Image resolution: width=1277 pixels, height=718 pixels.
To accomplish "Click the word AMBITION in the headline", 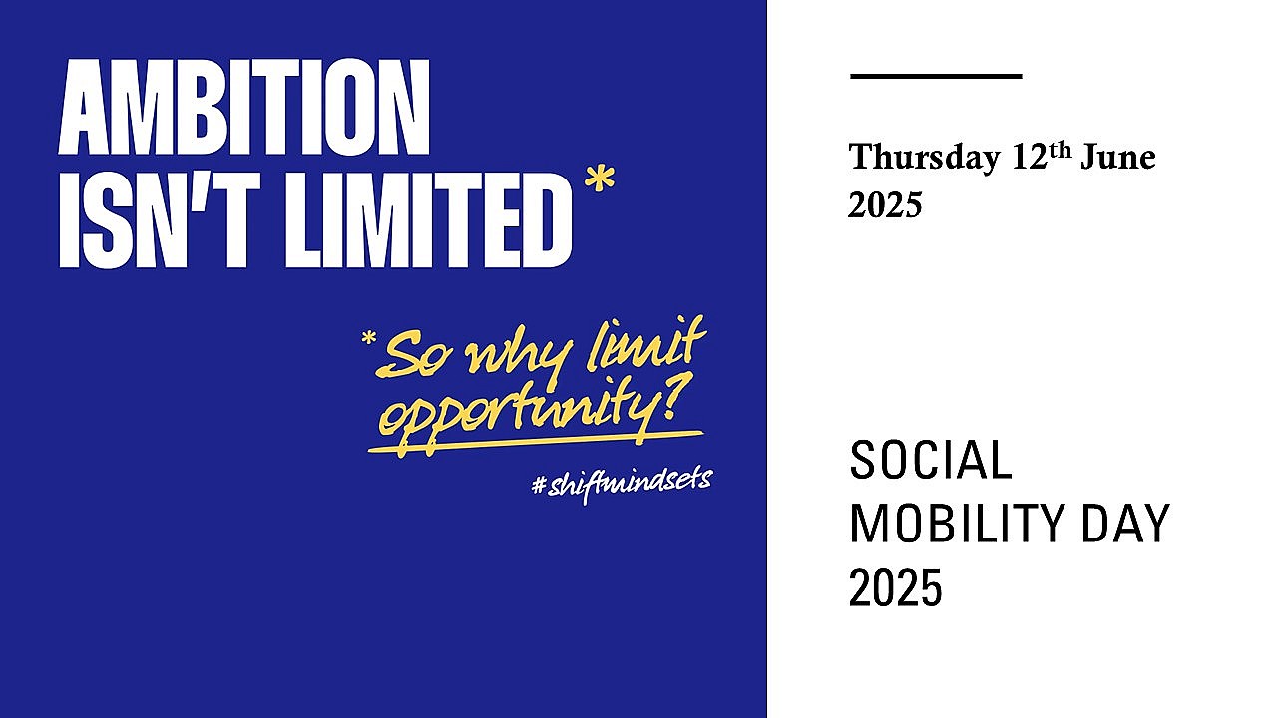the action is (244, 106).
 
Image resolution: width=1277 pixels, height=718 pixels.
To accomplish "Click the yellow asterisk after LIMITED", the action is (600, 178).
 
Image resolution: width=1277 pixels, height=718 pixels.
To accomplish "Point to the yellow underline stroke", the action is (536, 442).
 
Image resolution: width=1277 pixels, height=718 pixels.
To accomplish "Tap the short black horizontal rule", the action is (936, 75).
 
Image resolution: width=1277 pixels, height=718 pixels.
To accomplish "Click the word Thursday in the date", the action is (924, 157).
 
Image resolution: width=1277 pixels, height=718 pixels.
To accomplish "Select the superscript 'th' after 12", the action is (1061, 150).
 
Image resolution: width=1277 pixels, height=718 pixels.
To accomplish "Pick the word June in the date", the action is (1118, 157).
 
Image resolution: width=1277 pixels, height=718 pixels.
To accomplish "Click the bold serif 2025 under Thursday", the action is (885, 205).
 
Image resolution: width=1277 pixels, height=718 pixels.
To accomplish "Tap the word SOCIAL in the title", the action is (931, 460).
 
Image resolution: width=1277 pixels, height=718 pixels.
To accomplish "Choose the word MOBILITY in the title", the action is (957, 524).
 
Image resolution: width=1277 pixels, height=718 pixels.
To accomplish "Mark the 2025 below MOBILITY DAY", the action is (895, 587).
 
